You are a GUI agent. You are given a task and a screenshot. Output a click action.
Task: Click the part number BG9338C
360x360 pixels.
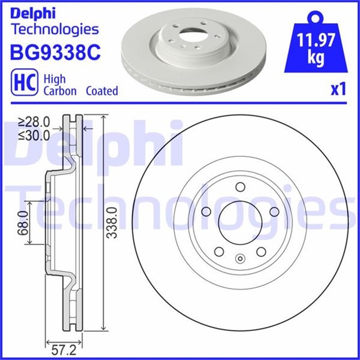pos(55,53)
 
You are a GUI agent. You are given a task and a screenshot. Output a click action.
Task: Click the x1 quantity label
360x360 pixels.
pos(337,89)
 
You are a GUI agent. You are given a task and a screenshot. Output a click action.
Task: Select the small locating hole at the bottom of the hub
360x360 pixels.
pos(240,259)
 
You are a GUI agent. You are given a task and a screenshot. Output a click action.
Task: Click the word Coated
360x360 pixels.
pos(102,91)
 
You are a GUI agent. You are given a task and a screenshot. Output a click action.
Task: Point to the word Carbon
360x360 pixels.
pos(60,91)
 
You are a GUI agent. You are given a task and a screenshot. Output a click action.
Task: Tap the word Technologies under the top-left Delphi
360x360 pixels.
pos(55,29)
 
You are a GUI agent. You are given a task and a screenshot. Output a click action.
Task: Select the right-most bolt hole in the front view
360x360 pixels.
pos(274,211)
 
